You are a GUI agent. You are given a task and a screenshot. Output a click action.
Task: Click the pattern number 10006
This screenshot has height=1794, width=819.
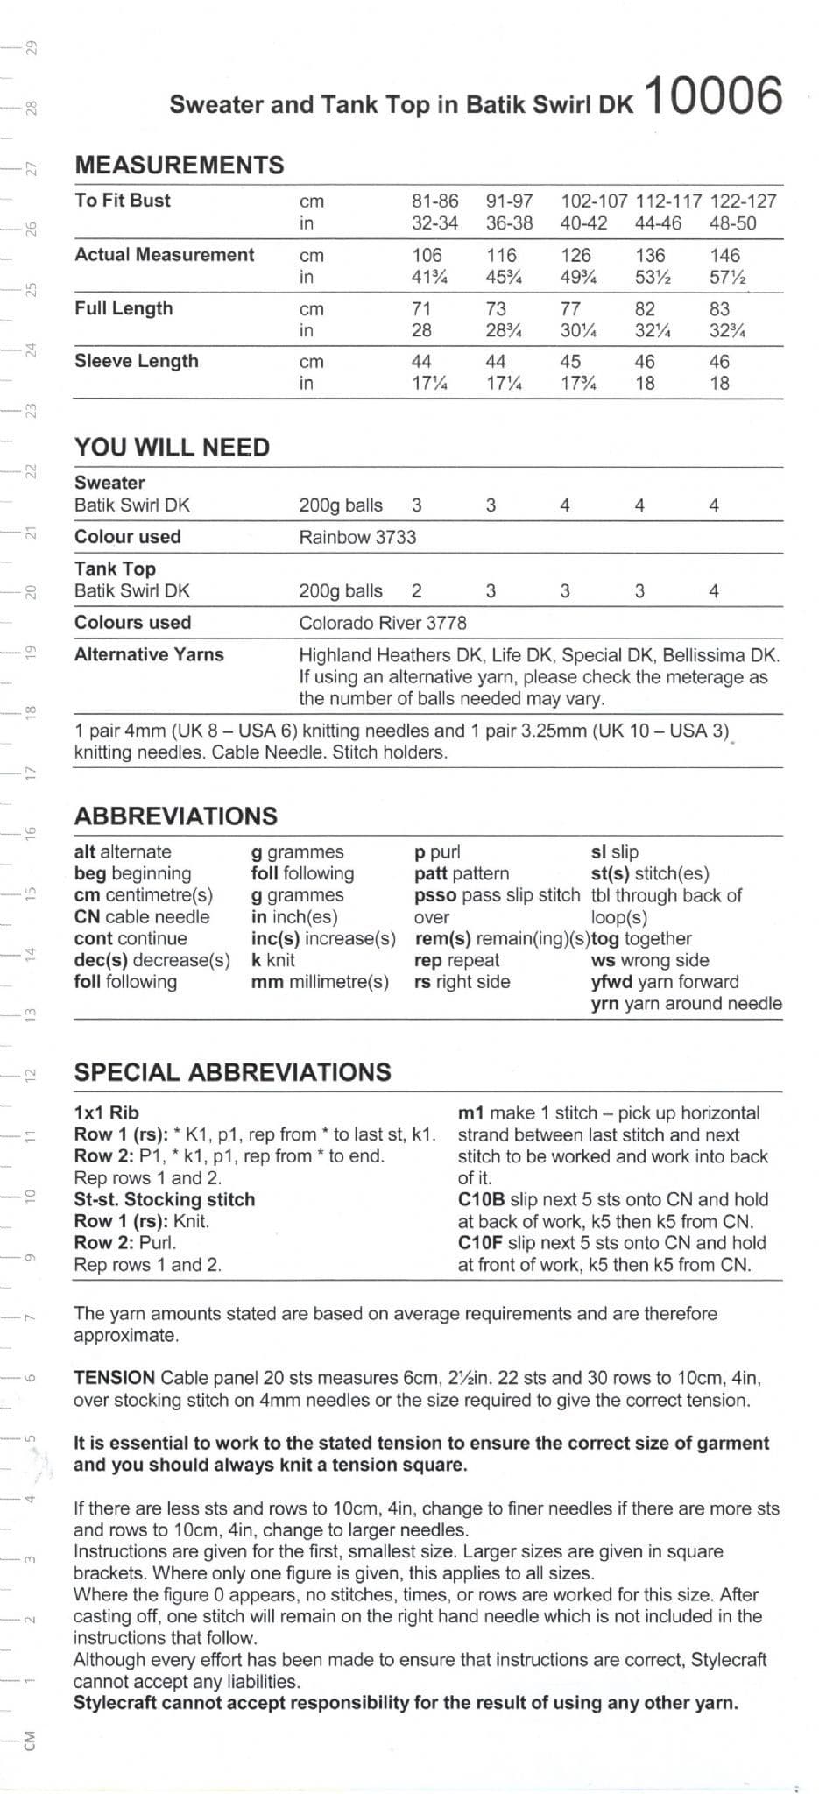coord(713,96)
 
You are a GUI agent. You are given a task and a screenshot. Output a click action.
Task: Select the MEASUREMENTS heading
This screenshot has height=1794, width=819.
coord(180,165)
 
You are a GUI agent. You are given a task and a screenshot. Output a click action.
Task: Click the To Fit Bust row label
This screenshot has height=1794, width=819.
coord(123,200)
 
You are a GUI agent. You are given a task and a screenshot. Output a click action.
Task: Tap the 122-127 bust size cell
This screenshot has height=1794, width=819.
coord(743,201)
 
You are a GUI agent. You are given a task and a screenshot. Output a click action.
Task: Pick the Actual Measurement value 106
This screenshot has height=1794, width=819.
coord(427,255)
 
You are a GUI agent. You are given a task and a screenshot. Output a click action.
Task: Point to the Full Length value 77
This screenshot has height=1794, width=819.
coord(570,308)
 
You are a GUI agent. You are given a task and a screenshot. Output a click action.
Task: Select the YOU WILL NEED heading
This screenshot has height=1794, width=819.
coord(172,447)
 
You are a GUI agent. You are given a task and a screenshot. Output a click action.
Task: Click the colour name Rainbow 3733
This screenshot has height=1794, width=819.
coord(357,537)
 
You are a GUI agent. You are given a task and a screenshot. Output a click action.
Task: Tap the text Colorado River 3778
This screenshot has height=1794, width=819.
coord(383,623)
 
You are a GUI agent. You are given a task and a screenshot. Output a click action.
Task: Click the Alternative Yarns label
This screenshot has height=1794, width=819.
coord(149,654)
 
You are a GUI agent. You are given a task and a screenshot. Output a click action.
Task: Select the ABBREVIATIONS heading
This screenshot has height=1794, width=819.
coord(175,816)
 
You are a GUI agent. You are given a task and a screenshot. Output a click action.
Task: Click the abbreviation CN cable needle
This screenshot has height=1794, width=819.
coord(142,916)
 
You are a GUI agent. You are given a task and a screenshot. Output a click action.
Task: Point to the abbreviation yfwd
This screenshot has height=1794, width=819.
coord(605,982)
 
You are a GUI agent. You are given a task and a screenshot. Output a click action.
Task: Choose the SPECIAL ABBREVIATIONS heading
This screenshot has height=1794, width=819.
coord(232,1072)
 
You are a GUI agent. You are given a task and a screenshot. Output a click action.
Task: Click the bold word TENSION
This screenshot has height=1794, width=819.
coord(114,1378)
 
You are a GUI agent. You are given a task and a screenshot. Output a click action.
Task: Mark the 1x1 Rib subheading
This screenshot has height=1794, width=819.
coord(106,1112)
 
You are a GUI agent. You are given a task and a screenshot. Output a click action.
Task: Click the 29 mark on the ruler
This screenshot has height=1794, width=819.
coord(32,46)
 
